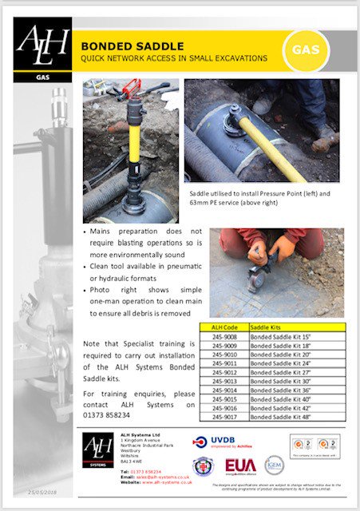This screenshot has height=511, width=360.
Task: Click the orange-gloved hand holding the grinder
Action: tap(281, 249)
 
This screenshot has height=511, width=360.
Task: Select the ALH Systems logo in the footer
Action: tap(97, 454)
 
